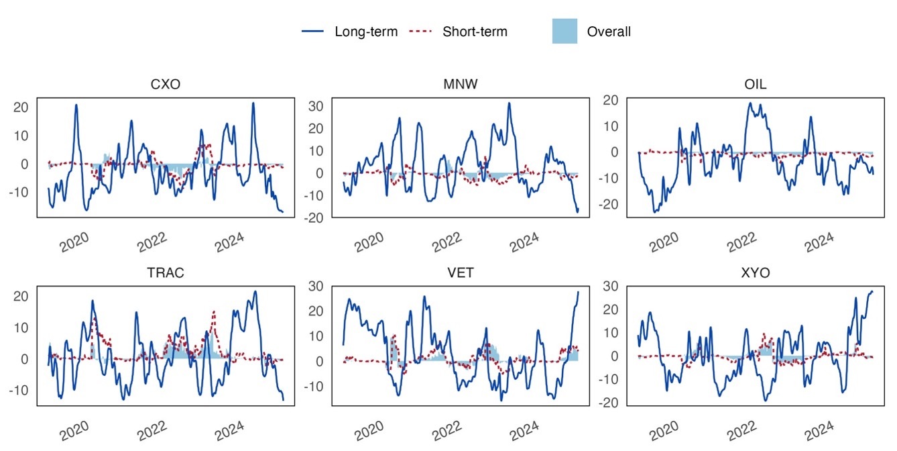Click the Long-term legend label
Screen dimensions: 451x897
366,32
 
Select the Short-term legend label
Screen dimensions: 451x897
475,32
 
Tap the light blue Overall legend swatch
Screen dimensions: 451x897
564,32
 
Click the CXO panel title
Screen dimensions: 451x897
165,85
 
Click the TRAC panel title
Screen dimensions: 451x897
165,273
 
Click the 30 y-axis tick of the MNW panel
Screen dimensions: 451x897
317,105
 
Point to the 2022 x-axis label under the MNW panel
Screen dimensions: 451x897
446,242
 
